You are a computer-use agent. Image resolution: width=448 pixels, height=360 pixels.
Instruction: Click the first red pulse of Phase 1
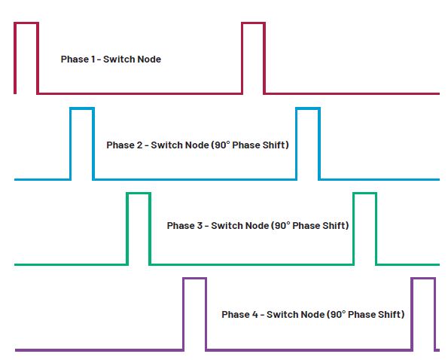click(x=26, y=23)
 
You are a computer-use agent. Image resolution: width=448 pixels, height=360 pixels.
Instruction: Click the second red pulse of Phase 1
click(x=254, y=23)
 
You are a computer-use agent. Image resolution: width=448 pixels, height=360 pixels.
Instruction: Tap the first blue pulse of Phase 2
click(x=82, y=109)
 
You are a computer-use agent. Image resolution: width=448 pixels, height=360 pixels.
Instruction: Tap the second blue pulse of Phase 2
click(x=308, y=109)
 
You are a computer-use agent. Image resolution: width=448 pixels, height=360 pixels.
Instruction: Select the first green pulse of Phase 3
click(x=139, y=194)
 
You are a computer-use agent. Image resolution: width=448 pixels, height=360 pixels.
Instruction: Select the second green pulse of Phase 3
click(x=365, y=194)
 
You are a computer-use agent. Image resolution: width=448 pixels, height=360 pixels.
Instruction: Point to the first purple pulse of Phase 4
click(x=194, y=279)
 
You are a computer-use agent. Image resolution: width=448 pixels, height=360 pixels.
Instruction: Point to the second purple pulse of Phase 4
click(x=423, y=279)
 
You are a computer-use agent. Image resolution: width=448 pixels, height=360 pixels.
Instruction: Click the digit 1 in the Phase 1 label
click(x=93, y=59)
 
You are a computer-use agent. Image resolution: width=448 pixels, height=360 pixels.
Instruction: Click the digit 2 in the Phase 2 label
click(x=139, y=145)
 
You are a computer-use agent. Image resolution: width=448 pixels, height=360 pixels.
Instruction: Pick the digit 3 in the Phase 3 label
click(x=200, y=225)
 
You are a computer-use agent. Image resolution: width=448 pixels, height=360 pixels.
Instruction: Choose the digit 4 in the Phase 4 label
click(x=254, y=314)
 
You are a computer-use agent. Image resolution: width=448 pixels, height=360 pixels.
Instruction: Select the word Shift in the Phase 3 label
click(x=334, y=225)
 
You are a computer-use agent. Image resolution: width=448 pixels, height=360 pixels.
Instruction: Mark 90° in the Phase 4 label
click(x=338, y=314)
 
